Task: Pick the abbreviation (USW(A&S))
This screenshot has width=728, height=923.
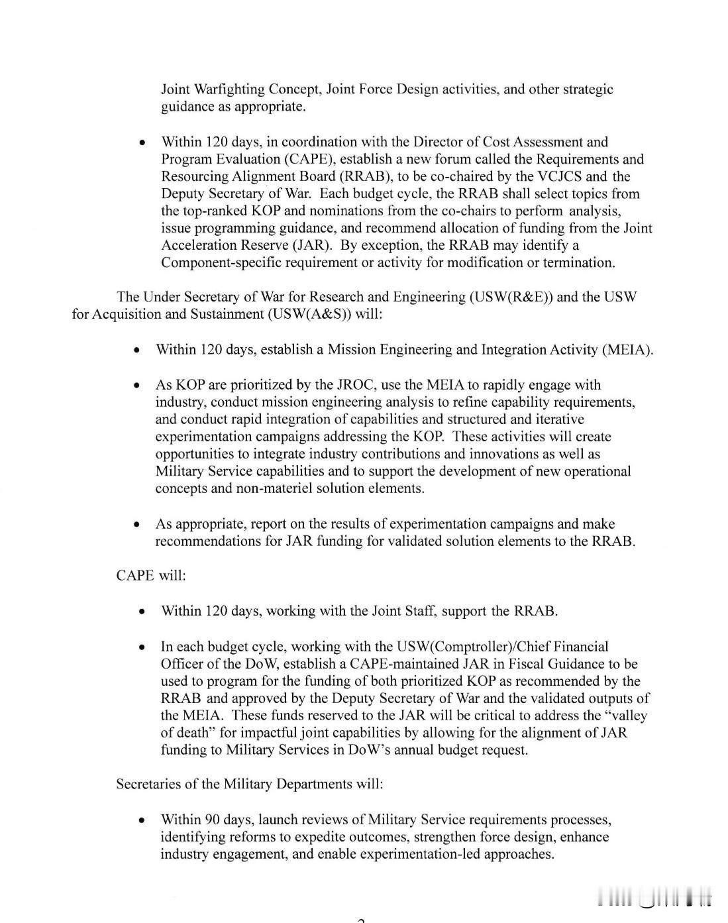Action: pos(310,314)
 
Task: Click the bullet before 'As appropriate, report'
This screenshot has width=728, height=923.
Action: pos(136,524)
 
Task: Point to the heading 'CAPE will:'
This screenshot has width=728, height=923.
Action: pos(151,575)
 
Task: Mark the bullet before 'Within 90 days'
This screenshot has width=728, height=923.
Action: pos(142,820)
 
